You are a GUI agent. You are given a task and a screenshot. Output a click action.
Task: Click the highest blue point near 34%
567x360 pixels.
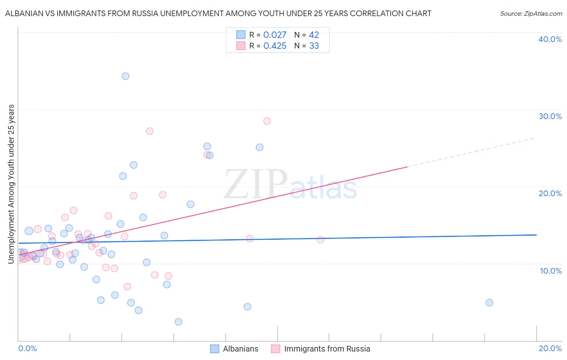pos(125,76)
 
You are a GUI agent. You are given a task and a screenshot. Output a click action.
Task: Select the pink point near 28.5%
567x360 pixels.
pos(267,121)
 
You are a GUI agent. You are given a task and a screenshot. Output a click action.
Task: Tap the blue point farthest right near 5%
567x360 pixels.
pos(489,303)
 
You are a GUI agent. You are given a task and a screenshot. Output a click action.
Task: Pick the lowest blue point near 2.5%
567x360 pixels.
pos(178,322)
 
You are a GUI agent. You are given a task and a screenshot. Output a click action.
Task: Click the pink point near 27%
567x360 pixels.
pos(150,131)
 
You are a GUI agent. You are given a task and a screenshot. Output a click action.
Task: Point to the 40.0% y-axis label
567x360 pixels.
pos(550,39)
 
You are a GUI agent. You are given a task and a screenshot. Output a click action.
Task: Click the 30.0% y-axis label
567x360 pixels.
pos(550,116)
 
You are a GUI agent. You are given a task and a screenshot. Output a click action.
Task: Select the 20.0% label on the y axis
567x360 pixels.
pos(550,193)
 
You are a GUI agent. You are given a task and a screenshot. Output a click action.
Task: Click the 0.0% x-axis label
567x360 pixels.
pos(27,348)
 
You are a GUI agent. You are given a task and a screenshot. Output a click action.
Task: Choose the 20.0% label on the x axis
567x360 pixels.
pos(550,348)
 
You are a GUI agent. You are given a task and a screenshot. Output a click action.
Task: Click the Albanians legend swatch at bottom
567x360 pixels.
pos(215,349)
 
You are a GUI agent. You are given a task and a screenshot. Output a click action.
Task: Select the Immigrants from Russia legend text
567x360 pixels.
pos(327,349)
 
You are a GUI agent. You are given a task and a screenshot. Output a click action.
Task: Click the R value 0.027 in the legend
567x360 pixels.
pos(275,35)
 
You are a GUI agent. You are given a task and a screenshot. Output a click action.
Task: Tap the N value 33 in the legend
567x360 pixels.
pos(314,46)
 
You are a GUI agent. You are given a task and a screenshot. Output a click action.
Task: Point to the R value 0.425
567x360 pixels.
pos(275,46)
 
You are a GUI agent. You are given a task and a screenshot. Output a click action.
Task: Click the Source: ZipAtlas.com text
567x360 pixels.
pos(531,13)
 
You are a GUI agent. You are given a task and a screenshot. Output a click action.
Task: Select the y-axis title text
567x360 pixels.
pos(11,184)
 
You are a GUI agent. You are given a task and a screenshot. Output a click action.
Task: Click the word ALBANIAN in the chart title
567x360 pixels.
pos(25,13)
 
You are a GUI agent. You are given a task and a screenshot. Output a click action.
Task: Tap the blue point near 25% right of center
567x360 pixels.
pos(260,147)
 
